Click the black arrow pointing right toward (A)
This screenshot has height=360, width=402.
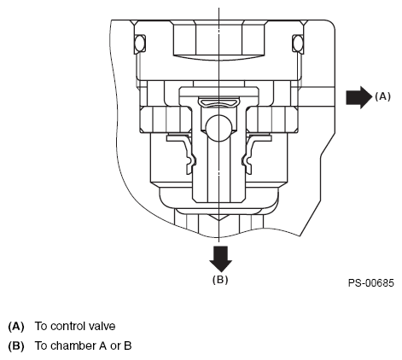pos(359,97)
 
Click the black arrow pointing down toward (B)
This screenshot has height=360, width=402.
pos(220,259)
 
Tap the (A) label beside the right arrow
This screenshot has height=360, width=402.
pos(382,96)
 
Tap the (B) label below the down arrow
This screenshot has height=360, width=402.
pos(220,280)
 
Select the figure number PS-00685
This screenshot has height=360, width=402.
pos(371,283)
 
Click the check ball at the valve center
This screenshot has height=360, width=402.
pos(218,128)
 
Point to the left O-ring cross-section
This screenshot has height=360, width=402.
pos(139,44)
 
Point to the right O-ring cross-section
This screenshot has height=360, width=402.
pos(298,44)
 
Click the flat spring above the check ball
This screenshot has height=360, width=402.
pos(218,102)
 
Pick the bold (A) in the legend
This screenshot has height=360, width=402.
pos(16,326)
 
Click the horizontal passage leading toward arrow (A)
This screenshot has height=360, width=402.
pos(316,96)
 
